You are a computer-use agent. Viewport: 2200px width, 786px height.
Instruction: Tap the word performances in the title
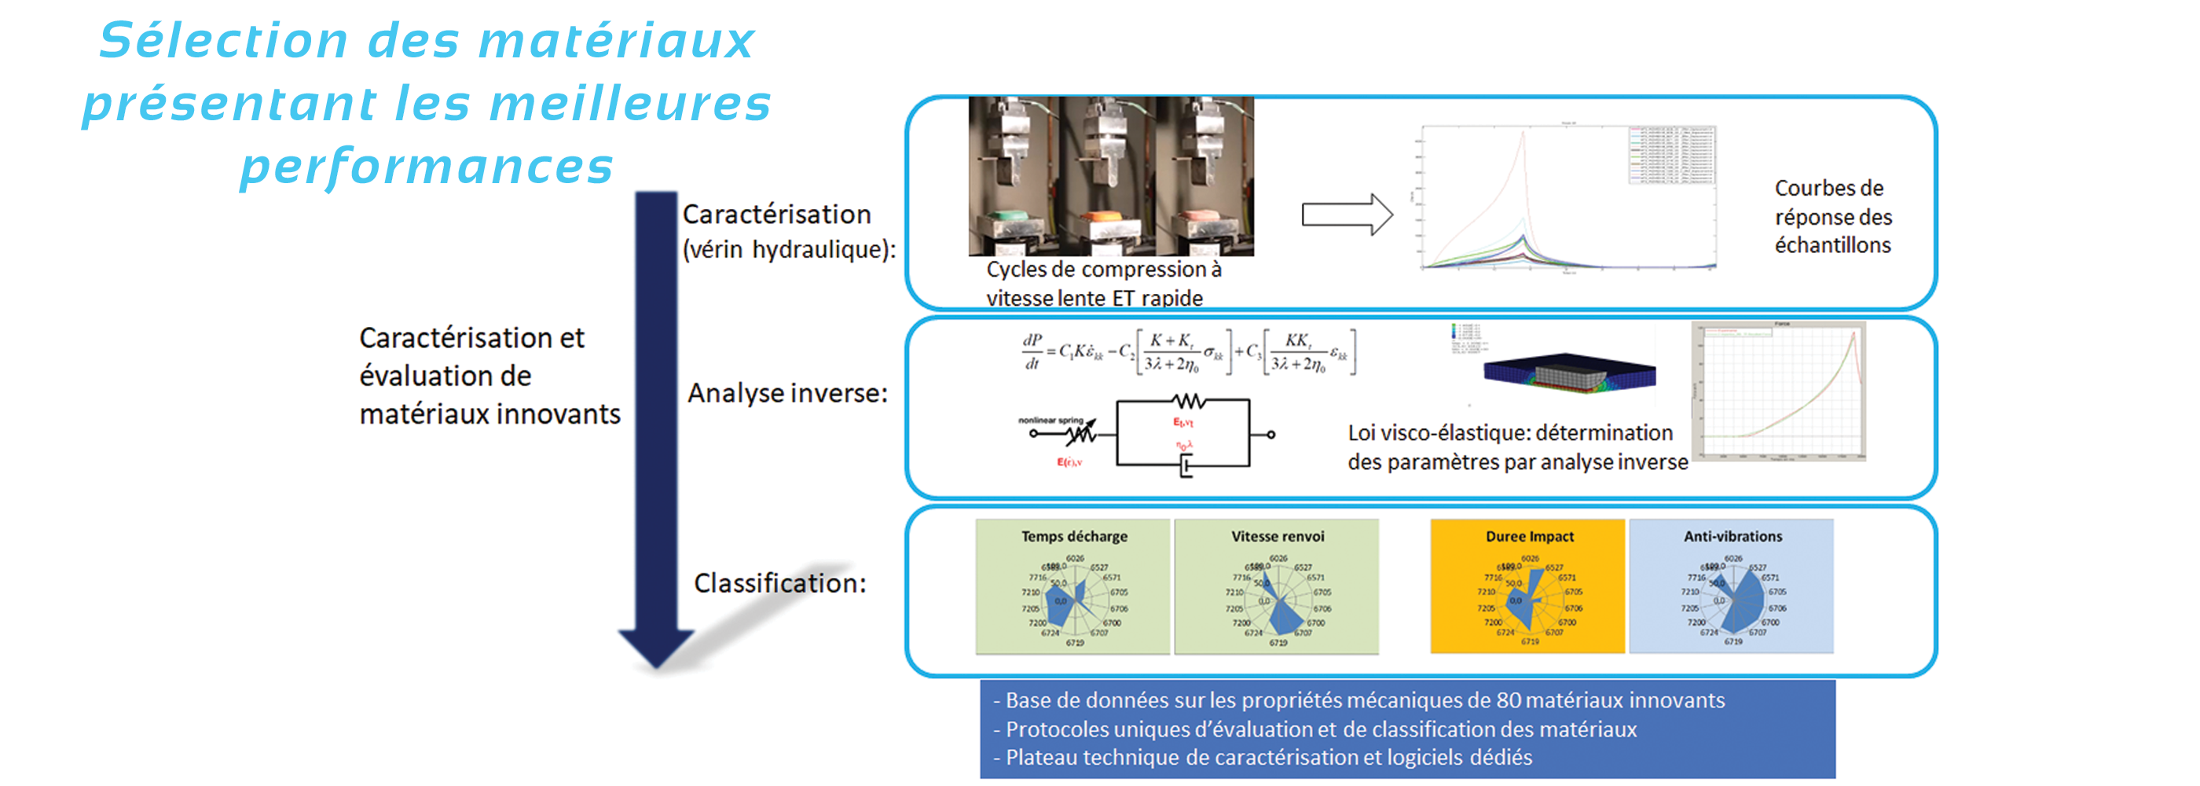tap(426, 166)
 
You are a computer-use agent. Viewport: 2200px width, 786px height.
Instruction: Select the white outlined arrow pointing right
tap(1346, 215)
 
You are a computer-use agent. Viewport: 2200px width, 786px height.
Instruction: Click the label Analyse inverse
tap(786, 394)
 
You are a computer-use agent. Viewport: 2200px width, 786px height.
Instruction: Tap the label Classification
tap(779, 583)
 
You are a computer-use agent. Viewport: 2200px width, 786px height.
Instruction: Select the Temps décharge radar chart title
tap(1073, 537)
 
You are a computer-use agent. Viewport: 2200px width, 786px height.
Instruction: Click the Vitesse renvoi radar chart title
tap(1277, 537)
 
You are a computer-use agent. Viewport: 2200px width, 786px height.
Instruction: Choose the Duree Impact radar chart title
tap(1529, 537)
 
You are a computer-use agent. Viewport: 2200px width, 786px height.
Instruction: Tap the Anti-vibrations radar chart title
tap(1732, 537)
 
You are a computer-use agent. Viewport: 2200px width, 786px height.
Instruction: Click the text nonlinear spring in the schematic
tap(1050, 421)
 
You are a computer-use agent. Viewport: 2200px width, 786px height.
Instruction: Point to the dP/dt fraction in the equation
tap(1032, 351)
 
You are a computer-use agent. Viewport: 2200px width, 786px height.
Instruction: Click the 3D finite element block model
tap(1569, 373)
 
